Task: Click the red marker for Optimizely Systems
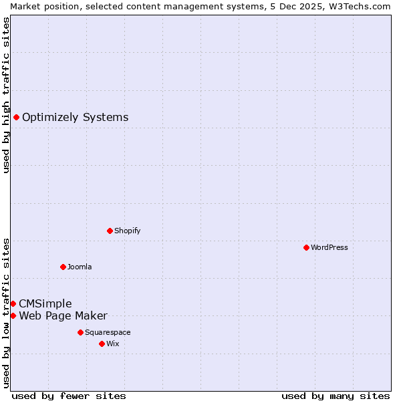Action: [16, 118]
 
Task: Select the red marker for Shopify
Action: [110, 231]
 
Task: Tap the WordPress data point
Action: [306, 247]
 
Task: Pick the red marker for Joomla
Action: [63, 267]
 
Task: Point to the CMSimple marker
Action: [13, 303]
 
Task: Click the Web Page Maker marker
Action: [13, 315]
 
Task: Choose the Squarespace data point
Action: [80, 332]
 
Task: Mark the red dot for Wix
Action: [102, 344]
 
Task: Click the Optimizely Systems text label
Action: [75, 118]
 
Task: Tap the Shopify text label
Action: [127, 231]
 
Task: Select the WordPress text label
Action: [329, 247]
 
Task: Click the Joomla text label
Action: [80, 267]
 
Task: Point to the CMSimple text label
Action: [45, 304]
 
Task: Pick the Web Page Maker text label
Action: [63, 316]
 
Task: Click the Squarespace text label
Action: [108, 332]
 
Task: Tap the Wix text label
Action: [113, 344]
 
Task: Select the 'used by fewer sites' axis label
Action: [69, 396]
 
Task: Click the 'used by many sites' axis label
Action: [336, 396]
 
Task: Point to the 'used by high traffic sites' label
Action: [6, 95]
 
